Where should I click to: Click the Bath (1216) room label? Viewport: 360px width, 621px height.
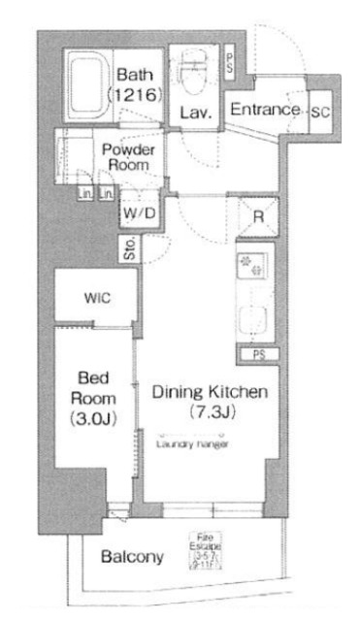click(136, 84)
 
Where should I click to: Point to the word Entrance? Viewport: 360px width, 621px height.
click(264, 110)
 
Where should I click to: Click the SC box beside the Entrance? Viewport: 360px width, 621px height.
click(319, 111)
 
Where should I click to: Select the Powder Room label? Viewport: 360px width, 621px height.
click(126, 156)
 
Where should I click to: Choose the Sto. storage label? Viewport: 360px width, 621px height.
click(129, 251)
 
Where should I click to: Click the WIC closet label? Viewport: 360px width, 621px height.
click(94, 298)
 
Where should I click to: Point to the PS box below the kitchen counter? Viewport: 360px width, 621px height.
click(258, 355)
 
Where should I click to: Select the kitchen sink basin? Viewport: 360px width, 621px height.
click(257, 319)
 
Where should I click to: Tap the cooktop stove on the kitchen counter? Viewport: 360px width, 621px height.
click(256, 267)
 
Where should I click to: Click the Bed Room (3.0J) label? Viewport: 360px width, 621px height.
click(96, 398)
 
